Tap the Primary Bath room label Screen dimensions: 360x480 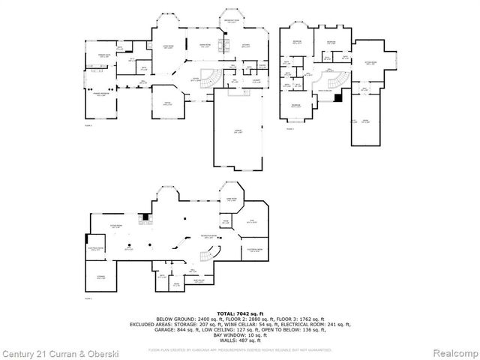tap(98, 56)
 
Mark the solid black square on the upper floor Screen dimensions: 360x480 tap(338, 97)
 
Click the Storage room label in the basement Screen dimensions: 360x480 tap(100, 277)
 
